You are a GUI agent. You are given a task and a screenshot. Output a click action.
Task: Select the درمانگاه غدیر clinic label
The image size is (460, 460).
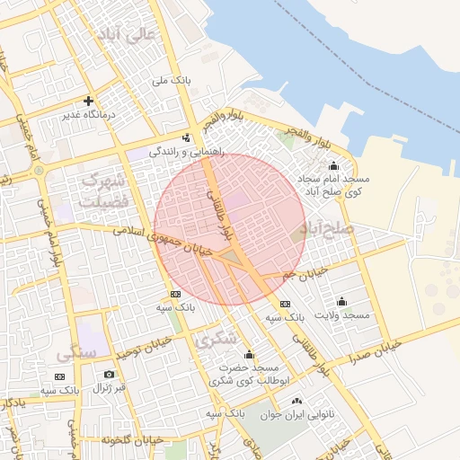point(88,116)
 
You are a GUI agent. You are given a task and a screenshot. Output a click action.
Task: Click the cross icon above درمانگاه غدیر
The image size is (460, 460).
point(88,101)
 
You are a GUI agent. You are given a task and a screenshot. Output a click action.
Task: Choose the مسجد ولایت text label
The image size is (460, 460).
point(342,315)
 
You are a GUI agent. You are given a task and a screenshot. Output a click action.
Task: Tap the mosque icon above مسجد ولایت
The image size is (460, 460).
point(341,301)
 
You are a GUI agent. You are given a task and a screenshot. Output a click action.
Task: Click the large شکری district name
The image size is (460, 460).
point(216,339)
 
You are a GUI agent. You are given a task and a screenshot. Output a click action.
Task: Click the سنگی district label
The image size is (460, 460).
point(76,353)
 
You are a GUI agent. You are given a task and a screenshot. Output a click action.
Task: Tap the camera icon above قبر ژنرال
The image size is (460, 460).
point(109,374)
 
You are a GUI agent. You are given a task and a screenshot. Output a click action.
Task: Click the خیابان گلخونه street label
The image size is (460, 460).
point(131,439)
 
